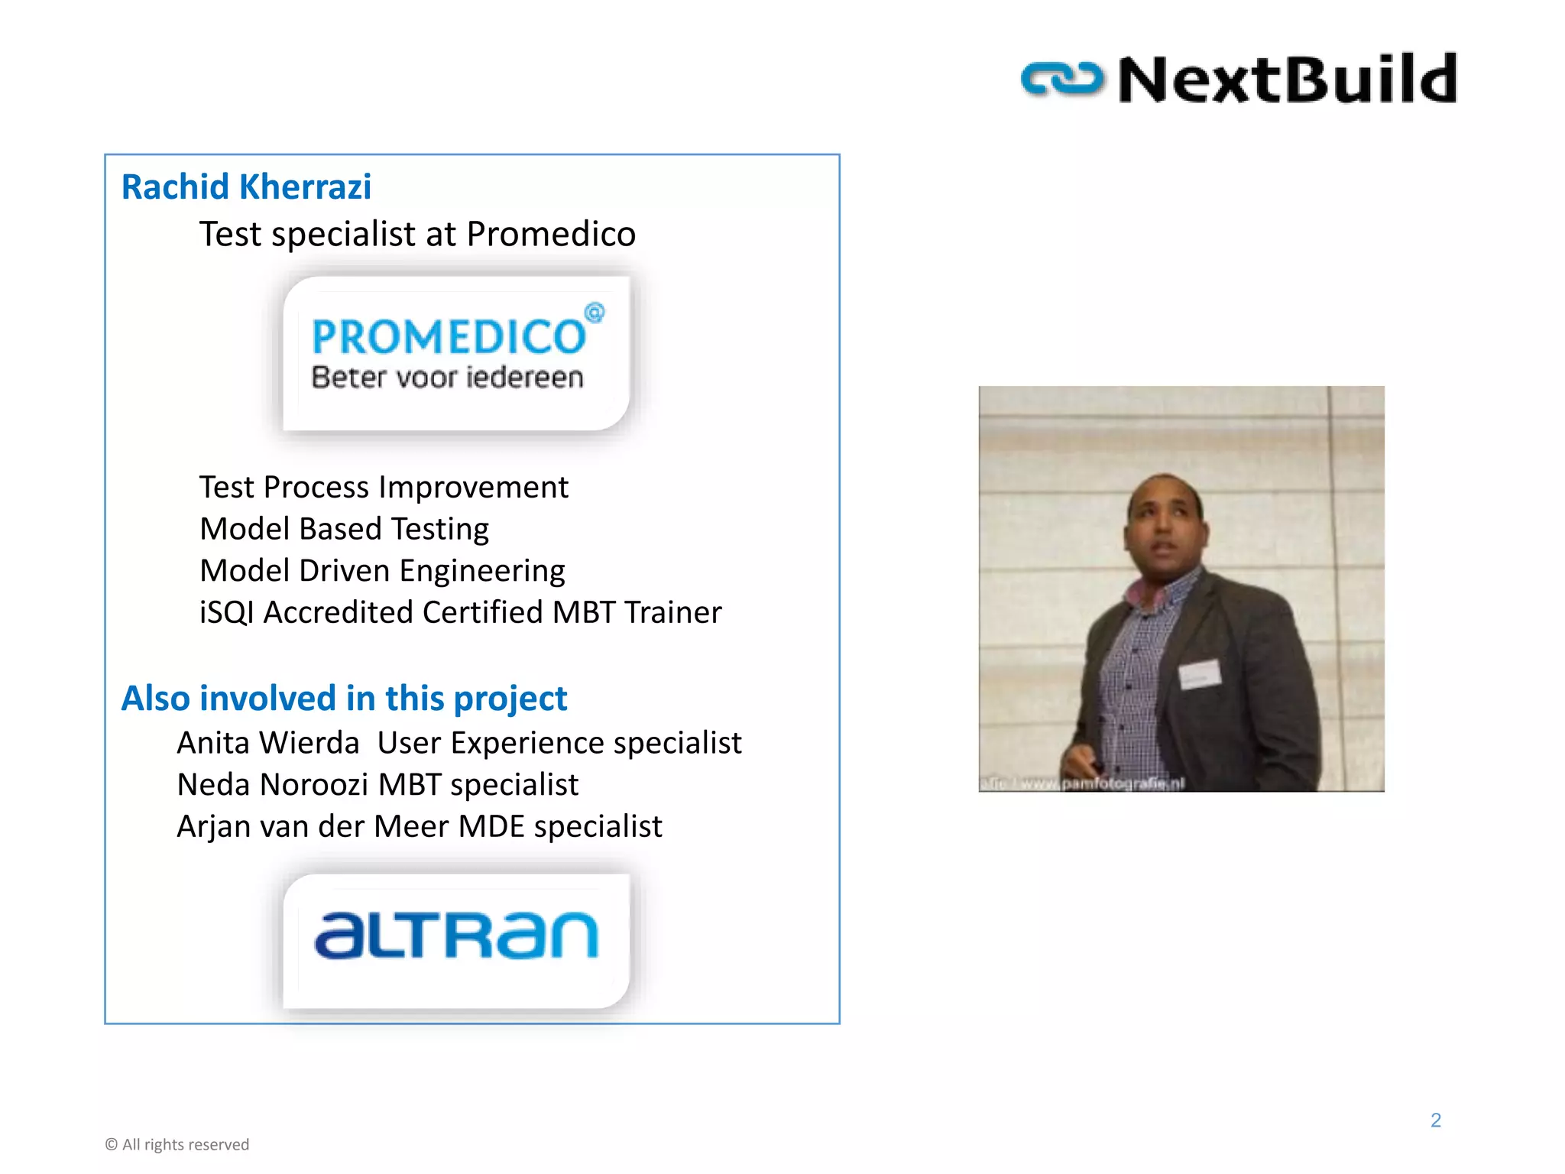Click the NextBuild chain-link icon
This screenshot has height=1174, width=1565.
pyautogui.click(x=1062, y=79)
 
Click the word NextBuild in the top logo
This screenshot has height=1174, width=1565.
pyautogui.click(x=1288, y=79)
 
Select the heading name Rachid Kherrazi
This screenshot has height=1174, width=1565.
pyautogui.click(x=246, y=187)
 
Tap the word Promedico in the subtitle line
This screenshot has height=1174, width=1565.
pyautogui.click(x=551, y=234)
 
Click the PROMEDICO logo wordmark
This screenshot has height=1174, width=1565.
pyautogui.click(x=449, y=337)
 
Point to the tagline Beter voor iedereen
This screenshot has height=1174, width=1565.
pyautogui.click(x=447, y=378)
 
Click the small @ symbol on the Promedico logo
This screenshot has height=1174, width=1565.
pyautogui.click(x=595, y=313)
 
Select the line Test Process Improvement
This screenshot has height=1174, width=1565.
pyautogui.click(x=384, y=488)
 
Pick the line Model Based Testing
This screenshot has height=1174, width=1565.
pyautogui.click(x=344, y=529)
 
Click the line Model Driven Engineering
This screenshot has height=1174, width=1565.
pyautogui.click(x=382, y=571)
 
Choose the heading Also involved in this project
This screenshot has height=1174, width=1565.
pyautogui.click(x=344, y=699)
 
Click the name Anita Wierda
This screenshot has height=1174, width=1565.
pyautogui.click(x=267, y=743)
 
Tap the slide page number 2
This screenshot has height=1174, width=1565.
pyautogui.click(x=1435, y=1120)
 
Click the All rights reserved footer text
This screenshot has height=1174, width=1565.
pyautogui.click(x=177, y=1145)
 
